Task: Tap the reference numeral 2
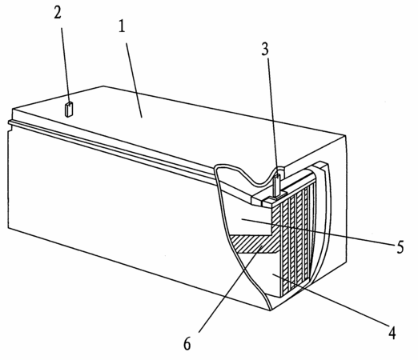pyautogui.click(x=58, y=12)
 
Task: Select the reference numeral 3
pyautogui.click(x=265, y=49)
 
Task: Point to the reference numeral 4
pyautogui.click(x=392, y=333)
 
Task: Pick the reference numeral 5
pyautogui.click(x=400, y=247)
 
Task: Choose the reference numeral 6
pyautogui.click(x=187, y=344)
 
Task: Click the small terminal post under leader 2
pyautogui.click(x=69, y=109)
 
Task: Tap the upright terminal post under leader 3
pyautogui.click(x=277, y=186)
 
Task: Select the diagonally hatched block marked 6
pyautogui.click(x=255, y=244)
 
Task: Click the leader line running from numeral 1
pyautogui.click(x=134, y=80)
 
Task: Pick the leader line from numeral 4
pyautogui.click(x=330, y=299)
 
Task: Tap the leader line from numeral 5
pyautogui.click(x=319, y=231)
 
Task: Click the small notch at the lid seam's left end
pyautogui.click(x=10, y=129)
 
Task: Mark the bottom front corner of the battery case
pyautogui.click(x=271, y=310)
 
